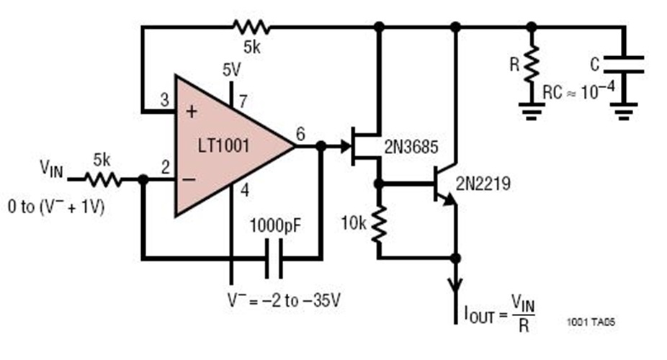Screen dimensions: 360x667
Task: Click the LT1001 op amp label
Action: click(224, 148)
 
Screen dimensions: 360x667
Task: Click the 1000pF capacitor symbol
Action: click(274, 258)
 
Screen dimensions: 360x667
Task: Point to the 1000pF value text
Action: click(276, 224)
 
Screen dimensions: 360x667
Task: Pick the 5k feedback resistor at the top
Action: click(251, 27)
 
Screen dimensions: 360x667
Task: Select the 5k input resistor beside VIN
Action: click(102, 179)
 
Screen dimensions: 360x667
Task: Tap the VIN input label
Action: click(51, 171)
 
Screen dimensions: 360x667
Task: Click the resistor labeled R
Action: click(532, 65)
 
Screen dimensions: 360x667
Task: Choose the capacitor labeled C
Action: click(625, 65)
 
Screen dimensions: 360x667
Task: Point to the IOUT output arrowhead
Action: click(455, 288)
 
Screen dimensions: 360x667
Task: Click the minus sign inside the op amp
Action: click(191, 179)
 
